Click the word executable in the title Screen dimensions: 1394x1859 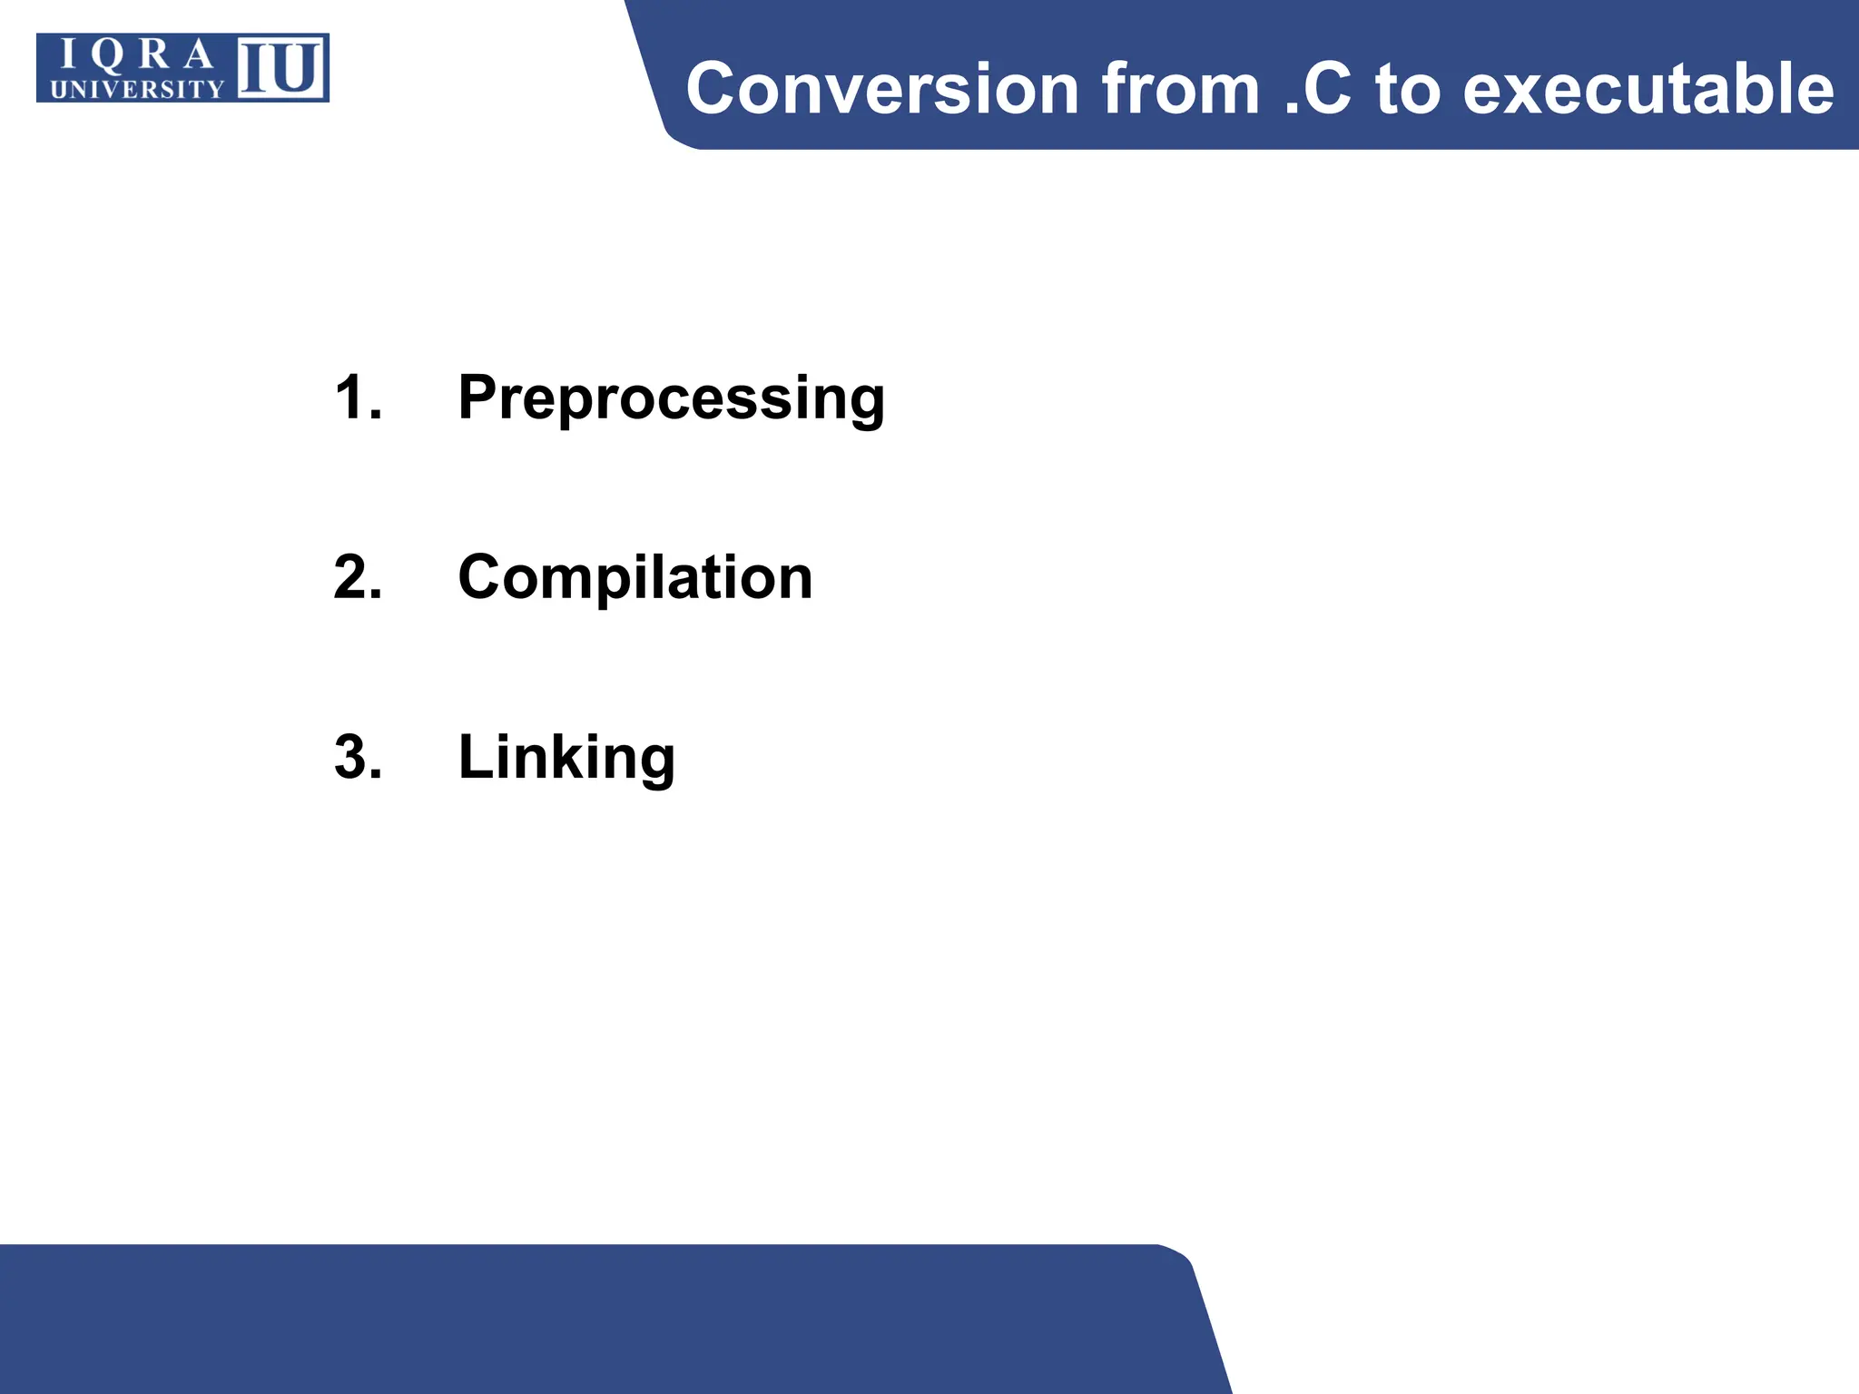pos(1648,89)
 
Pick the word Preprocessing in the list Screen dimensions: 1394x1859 pos(671,398)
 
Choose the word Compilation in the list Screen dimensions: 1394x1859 pos(634,577)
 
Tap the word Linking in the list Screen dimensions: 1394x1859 pos(566,757)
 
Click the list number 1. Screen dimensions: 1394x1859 pos(357,398)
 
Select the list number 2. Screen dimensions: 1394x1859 pos(357,577)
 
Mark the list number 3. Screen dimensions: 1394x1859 pos(357,757)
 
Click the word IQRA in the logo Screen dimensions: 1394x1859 pos(136,56)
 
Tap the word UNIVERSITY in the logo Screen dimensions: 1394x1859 pos(137,89)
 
